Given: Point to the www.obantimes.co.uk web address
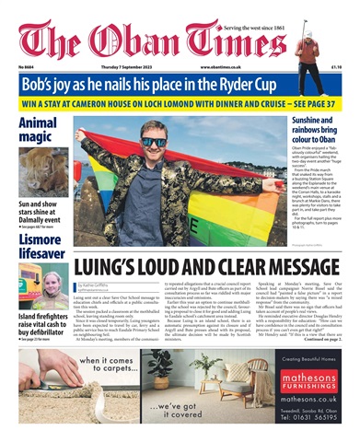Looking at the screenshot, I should pos(223,66).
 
